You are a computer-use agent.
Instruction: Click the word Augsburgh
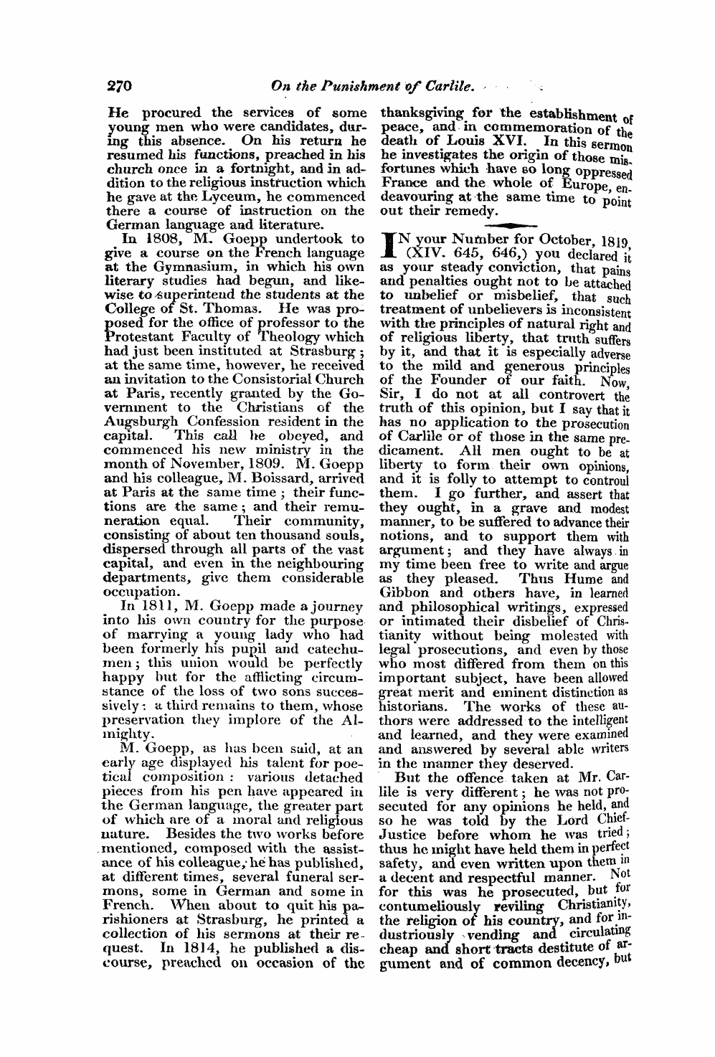[142, 421]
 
